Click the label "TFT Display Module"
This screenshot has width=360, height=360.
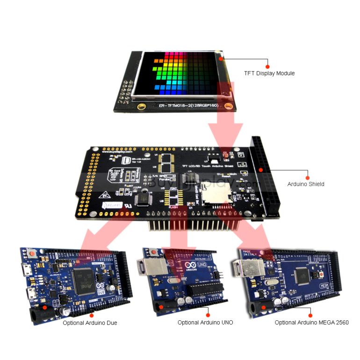[269, 73]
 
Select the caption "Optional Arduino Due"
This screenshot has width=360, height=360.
[90, 323]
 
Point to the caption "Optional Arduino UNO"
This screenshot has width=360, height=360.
[205, 323]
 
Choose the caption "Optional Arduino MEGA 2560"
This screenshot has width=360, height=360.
[311, 323]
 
